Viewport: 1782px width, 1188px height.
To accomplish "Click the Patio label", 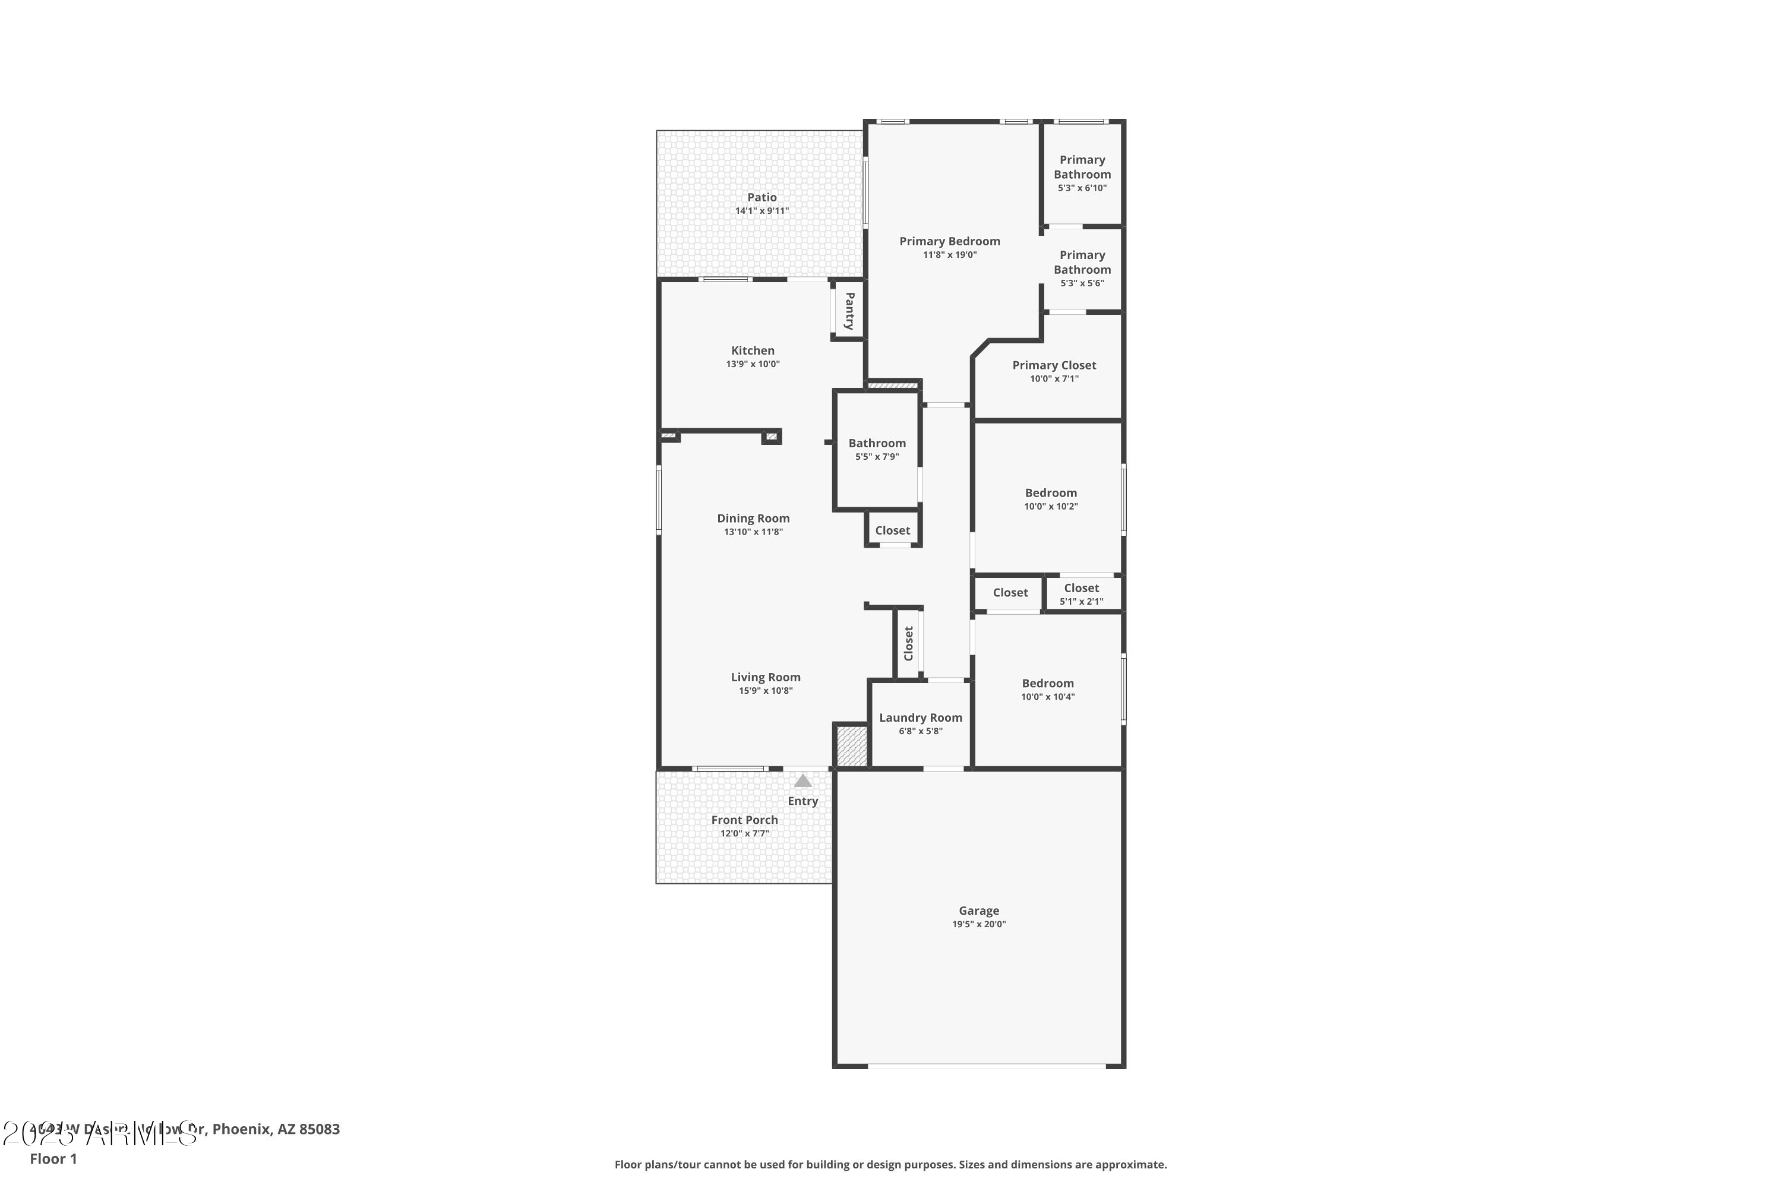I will click(x=762, y=197).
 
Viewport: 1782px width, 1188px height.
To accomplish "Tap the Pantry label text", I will click(x=849, y=311).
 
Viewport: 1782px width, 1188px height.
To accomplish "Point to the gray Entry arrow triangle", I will click(x=802, y=781).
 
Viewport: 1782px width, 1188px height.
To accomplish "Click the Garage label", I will click(x=979, y=911).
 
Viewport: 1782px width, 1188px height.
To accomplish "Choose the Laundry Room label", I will click(x=921, y=718).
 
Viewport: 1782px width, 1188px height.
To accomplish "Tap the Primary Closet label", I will click(x=1054, y=365).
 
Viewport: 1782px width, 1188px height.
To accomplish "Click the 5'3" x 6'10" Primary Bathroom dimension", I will click(x=1082, y=188).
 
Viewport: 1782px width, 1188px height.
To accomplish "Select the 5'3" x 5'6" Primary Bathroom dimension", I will click(x=1082, y=283).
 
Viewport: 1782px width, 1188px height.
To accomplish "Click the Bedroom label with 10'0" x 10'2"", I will click(x=1051, y=492).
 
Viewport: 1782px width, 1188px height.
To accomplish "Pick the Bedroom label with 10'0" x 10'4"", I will click(x=1047, y=684).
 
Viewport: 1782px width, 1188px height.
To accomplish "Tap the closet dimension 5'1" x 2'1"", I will click(x=1081, y=602).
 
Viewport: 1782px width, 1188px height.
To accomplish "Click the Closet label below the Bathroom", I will click(x=893, y=530).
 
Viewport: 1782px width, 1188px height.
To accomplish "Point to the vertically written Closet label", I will click(x=908, y=643).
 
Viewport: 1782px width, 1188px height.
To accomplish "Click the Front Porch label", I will click(x=744, y=820).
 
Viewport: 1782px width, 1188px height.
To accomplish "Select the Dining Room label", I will click(x=753, y=518).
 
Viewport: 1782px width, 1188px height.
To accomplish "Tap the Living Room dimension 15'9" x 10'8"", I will click(x=765, y=691).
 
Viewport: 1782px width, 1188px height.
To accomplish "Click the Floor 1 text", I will click(x=53, y=1158).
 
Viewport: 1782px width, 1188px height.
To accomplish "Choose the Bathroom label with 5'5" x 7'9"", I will click(x=877, y=443).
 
